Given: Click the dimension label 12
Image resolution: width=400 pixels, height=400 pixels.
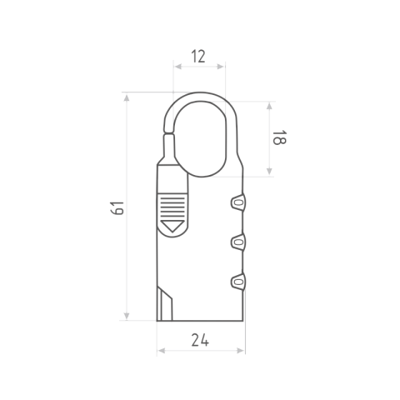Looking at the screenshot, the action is pyautogui.click(x=198, y=57).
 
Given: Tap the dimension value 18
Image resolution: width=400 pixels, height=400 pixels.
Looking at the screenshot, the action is pyautogui.click(x=279, y=137).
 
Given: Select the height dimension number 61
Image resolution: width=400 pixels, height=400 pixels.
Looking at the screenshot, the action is pyautogui.click(x=117, y=207).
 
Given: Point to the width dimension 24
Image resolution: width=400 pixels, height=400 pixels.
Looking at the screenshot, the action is pyautogui.click(x=200, y=340).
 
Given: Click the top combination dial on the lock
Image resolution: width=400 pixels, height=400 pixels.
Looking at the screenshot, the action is pyautogui.click(x=238, y=202).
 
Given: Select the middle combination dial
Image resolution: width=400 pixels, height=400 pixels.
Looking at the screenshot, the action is pyautogui.click(x=238, y=242).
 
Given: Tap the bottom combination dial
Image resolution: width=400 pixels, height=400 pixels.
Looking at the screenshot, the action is pyautogui.click(x=238, y=282).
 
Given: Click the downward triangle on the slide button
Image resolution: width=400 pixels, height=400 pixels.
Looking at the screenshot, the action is pyautogui.click(x=172, y=226).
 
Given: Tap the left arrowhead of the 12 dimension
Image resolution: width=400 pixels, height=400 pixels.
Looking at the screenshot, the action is pyautogui.click(x=178, y=67).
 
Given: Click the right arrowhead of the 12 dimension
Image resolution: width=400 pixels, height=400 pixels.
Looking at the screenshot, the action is pyautogui.click(x=221, y=67).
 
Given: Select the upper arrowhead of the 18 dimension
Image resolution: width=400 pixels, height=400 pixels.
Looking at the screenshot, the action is pyautogui.click(x=269, y=106).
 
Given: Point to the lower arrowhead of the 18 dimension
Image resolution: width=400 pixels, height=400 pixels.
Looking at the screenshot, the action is pyautogui.click(x=269, y=172).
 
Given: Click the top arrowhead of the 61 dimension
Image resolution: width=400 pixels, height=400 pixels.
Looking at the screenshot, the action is pyautogui.click(x=127, y=97).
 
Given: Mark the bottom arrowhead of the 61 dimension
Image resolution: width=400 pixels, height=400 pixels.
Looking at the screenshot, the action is pyautogui.click(x=127, y=316).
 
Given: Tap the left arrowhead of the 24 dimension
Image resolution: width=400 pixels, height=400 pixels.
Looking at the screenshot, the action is pyautogui.click(x=162, y=351).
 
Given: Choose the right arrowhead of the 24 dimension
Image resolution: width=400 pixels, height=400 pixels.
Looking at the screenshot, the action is pyautogui.click(x=241, y=351).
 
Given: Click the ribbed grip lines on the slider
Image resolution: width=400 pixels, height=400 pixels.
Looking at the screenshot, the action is pyautogui.click(x=172, y=207).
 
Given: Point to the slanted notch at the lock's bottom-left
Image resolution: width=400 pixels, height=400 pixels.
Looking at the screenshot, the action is pyautogui.click(x=165, y=304).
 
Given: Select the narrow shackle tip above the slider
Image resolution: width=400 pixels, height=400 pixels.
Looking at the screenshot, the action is pyautogui.click(x=169, y=148).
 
